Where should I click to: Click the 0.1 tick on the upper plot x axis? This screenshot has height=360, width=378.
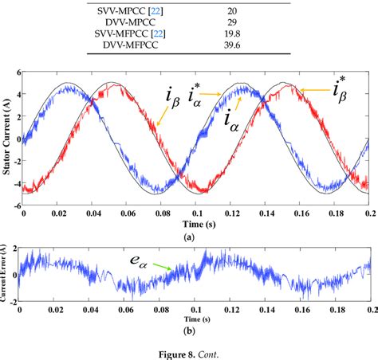(x=195, y=213)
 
